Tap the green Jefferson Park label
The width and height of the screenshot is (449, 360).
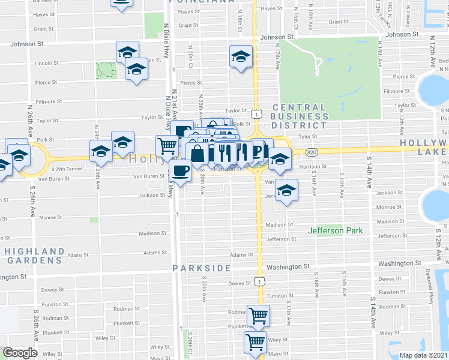pos(334,230)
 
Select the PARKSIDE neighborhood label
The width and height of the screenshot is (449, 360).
pos(202,268)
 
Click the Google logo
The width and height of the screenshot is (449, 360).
pos(20,353)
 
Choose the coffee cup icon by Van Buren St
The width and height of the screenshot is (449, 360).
pos(180,170)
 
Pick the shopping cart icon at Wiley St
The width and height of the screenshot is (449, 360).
pos(256,342)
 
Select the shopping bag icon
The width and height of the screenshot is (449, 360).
pos(197,154)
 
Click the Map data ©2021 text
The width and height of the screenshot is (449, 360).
pos(424,355)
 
